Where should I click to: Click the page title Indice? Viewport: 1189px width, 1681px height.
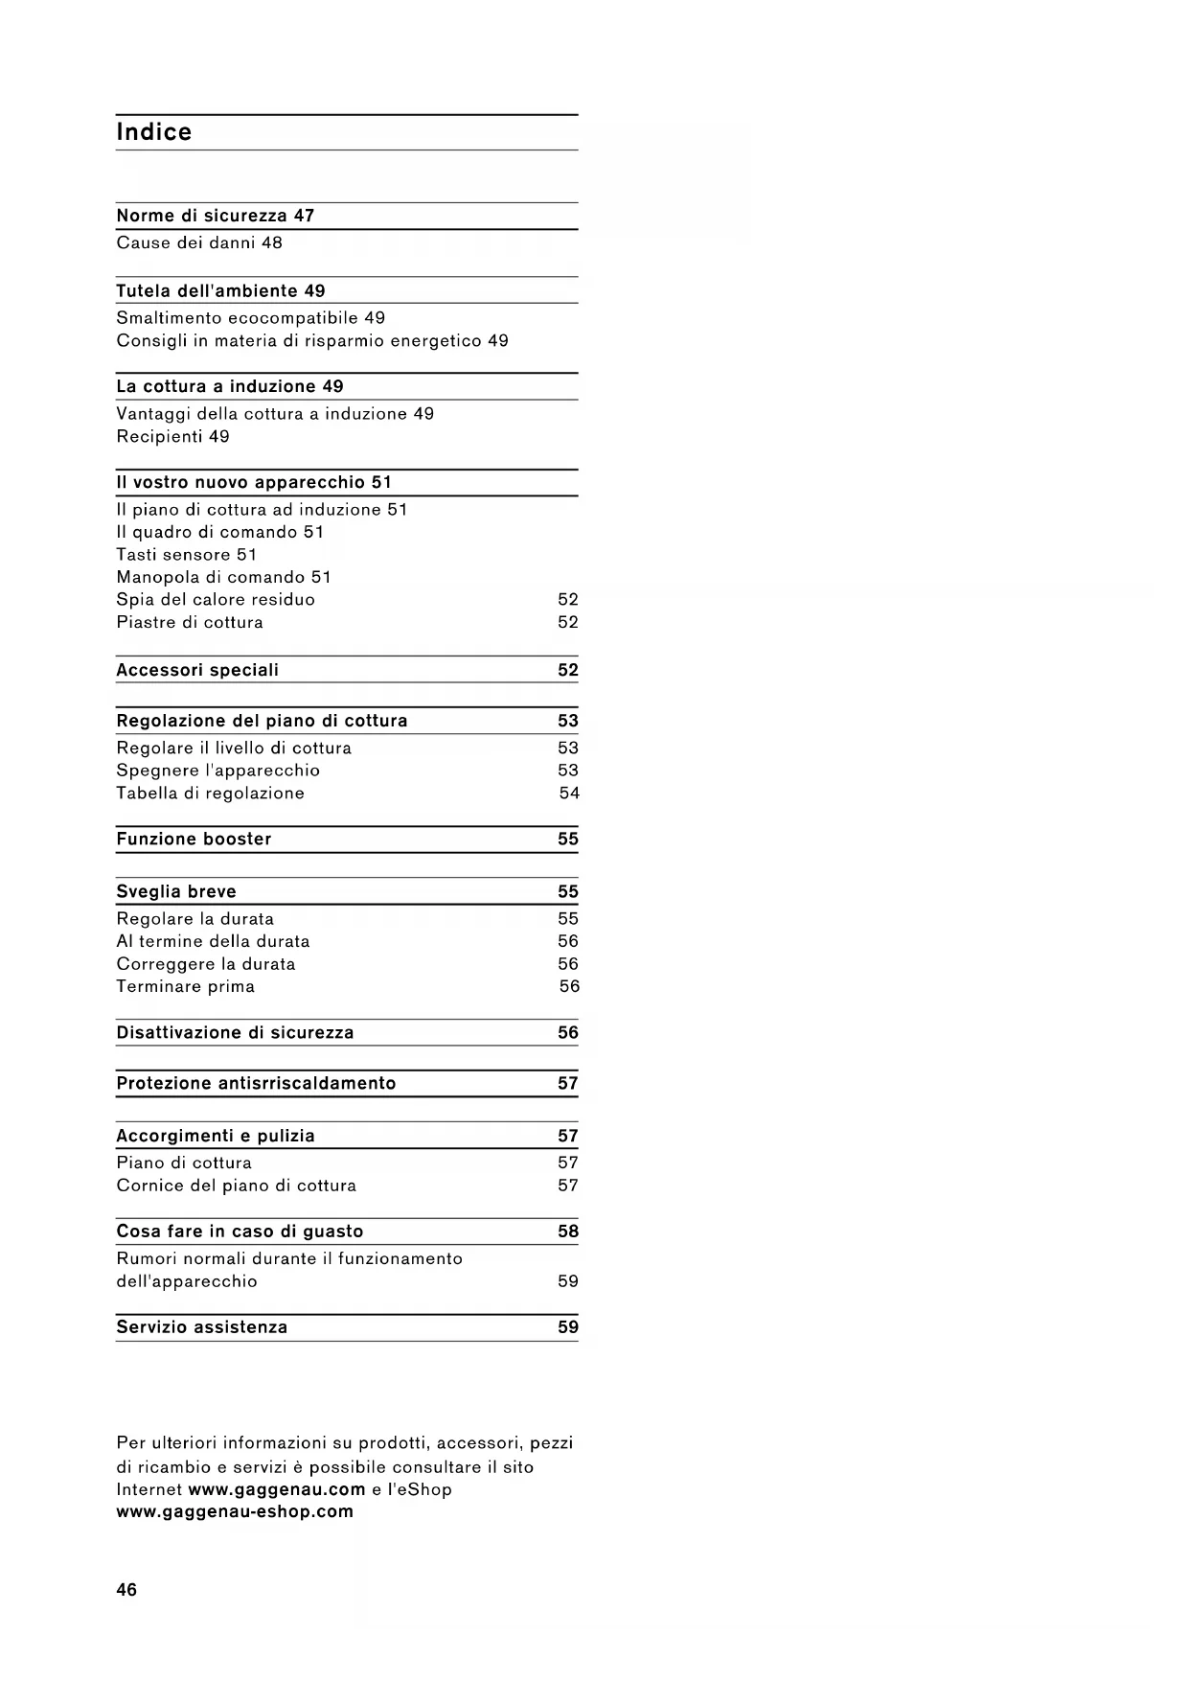click(x=153, y=132)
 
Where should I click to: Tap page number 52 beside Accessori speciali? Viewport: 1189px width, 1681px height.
click(x=568, y=670)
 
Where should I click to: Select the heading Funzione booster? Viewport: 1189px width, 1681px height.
click(x=194, y=839)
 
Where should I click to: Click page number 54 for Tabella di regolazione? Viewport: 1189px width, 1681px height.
click(x=569, y=793)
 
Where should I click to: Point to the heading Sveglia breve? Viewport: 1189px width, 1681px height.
click(x=176, y=891)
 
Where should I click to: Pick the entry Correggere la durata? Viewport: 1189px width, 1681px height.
click(x=206, y=964)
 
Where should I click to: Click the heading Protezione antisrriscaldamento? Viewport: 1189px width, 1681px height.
click(x=256, y=1083)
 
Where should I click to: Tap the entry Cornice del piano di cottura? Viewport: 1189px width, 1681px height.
click(x=236, y=1186)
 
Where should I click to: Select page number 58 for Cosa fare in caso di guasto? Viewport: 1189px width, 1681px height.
click(x=568, y=1232)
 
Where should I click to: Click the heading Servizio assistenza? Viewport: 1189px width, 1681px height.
click(x=201, y=1327)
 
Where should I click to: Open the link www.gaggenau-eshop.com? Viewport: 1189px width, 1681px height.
click(x=235, y=1511)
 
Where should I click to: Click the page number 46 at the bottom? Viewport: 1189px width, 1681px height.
click(x=126, y=1590)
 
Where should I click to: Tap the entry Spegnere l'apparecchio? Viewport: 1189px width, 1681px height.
click(x=217, y=771)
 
